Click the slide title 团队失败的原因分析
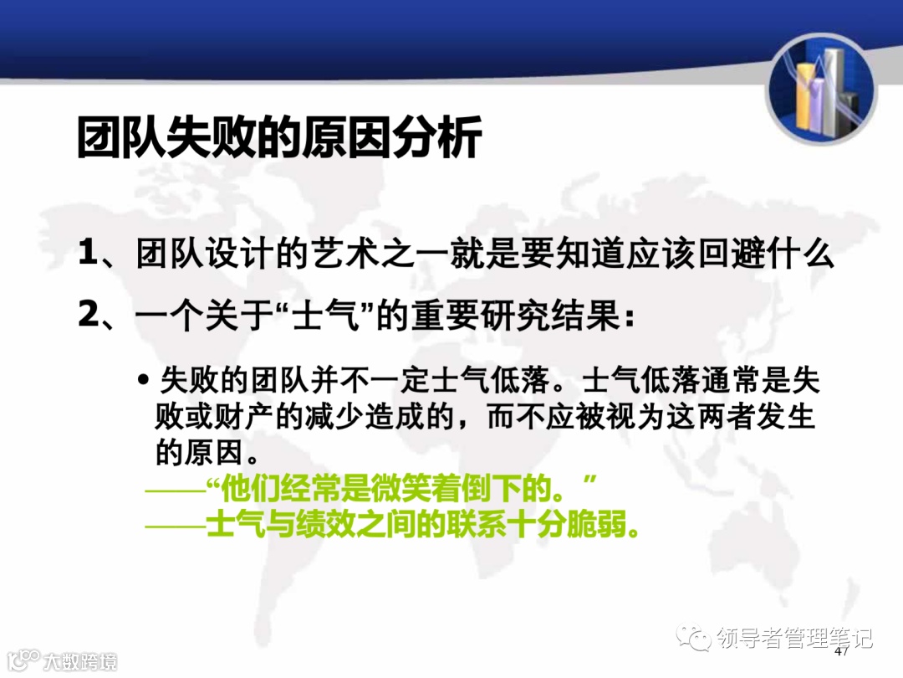point(279,137)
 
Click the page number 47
point(842,650)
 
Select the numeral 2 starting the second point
point(89,316)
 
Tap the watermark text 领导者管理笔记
point(794,639)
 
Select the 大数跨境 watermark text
point(80,661)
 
